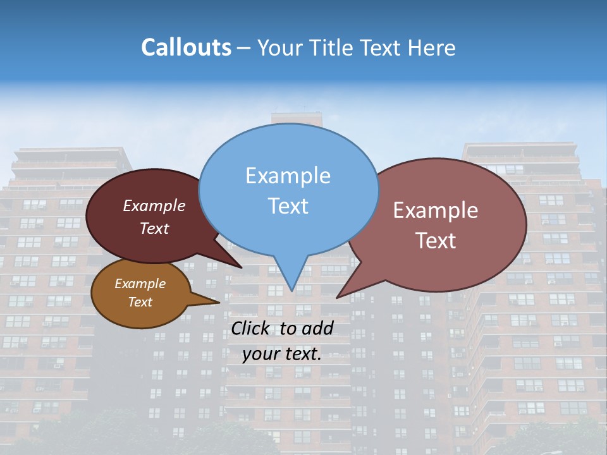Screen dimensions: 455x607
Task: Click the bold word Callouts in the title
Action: coord(186,48)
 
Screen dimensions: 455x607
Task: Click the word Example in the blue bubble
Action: coord(288,176)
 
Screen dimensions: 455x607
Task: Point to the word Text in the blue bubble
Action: coord(288,206)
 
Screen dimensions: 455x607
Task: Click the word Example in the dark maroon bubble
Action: coord(154,205)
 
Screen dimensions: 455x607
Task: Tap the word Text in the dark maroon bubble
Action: coord(154,228)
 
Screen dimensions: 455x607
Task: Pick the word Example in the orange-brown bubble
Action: coord(140,284)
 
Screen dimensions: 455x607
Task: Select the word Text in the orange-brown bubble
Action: coord(140,302)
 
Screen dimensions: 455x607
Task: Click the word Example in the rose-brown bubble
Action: coord(436,210)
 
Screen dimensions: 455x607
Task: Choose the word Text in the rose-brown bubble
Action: coord(436,241)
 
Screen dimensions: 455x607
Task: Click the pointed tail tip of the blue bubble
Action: coord(291,290)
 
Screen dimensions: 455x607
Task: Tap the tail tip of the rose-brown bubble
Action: coord(338,297)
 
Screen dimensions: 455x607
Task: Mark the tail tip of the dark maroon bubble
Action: coord(241,267)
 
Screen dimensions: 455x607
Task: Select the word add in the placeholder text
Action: coord(317,328)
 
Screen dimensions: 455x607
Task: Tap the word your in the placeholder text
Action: coord(261,354)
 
